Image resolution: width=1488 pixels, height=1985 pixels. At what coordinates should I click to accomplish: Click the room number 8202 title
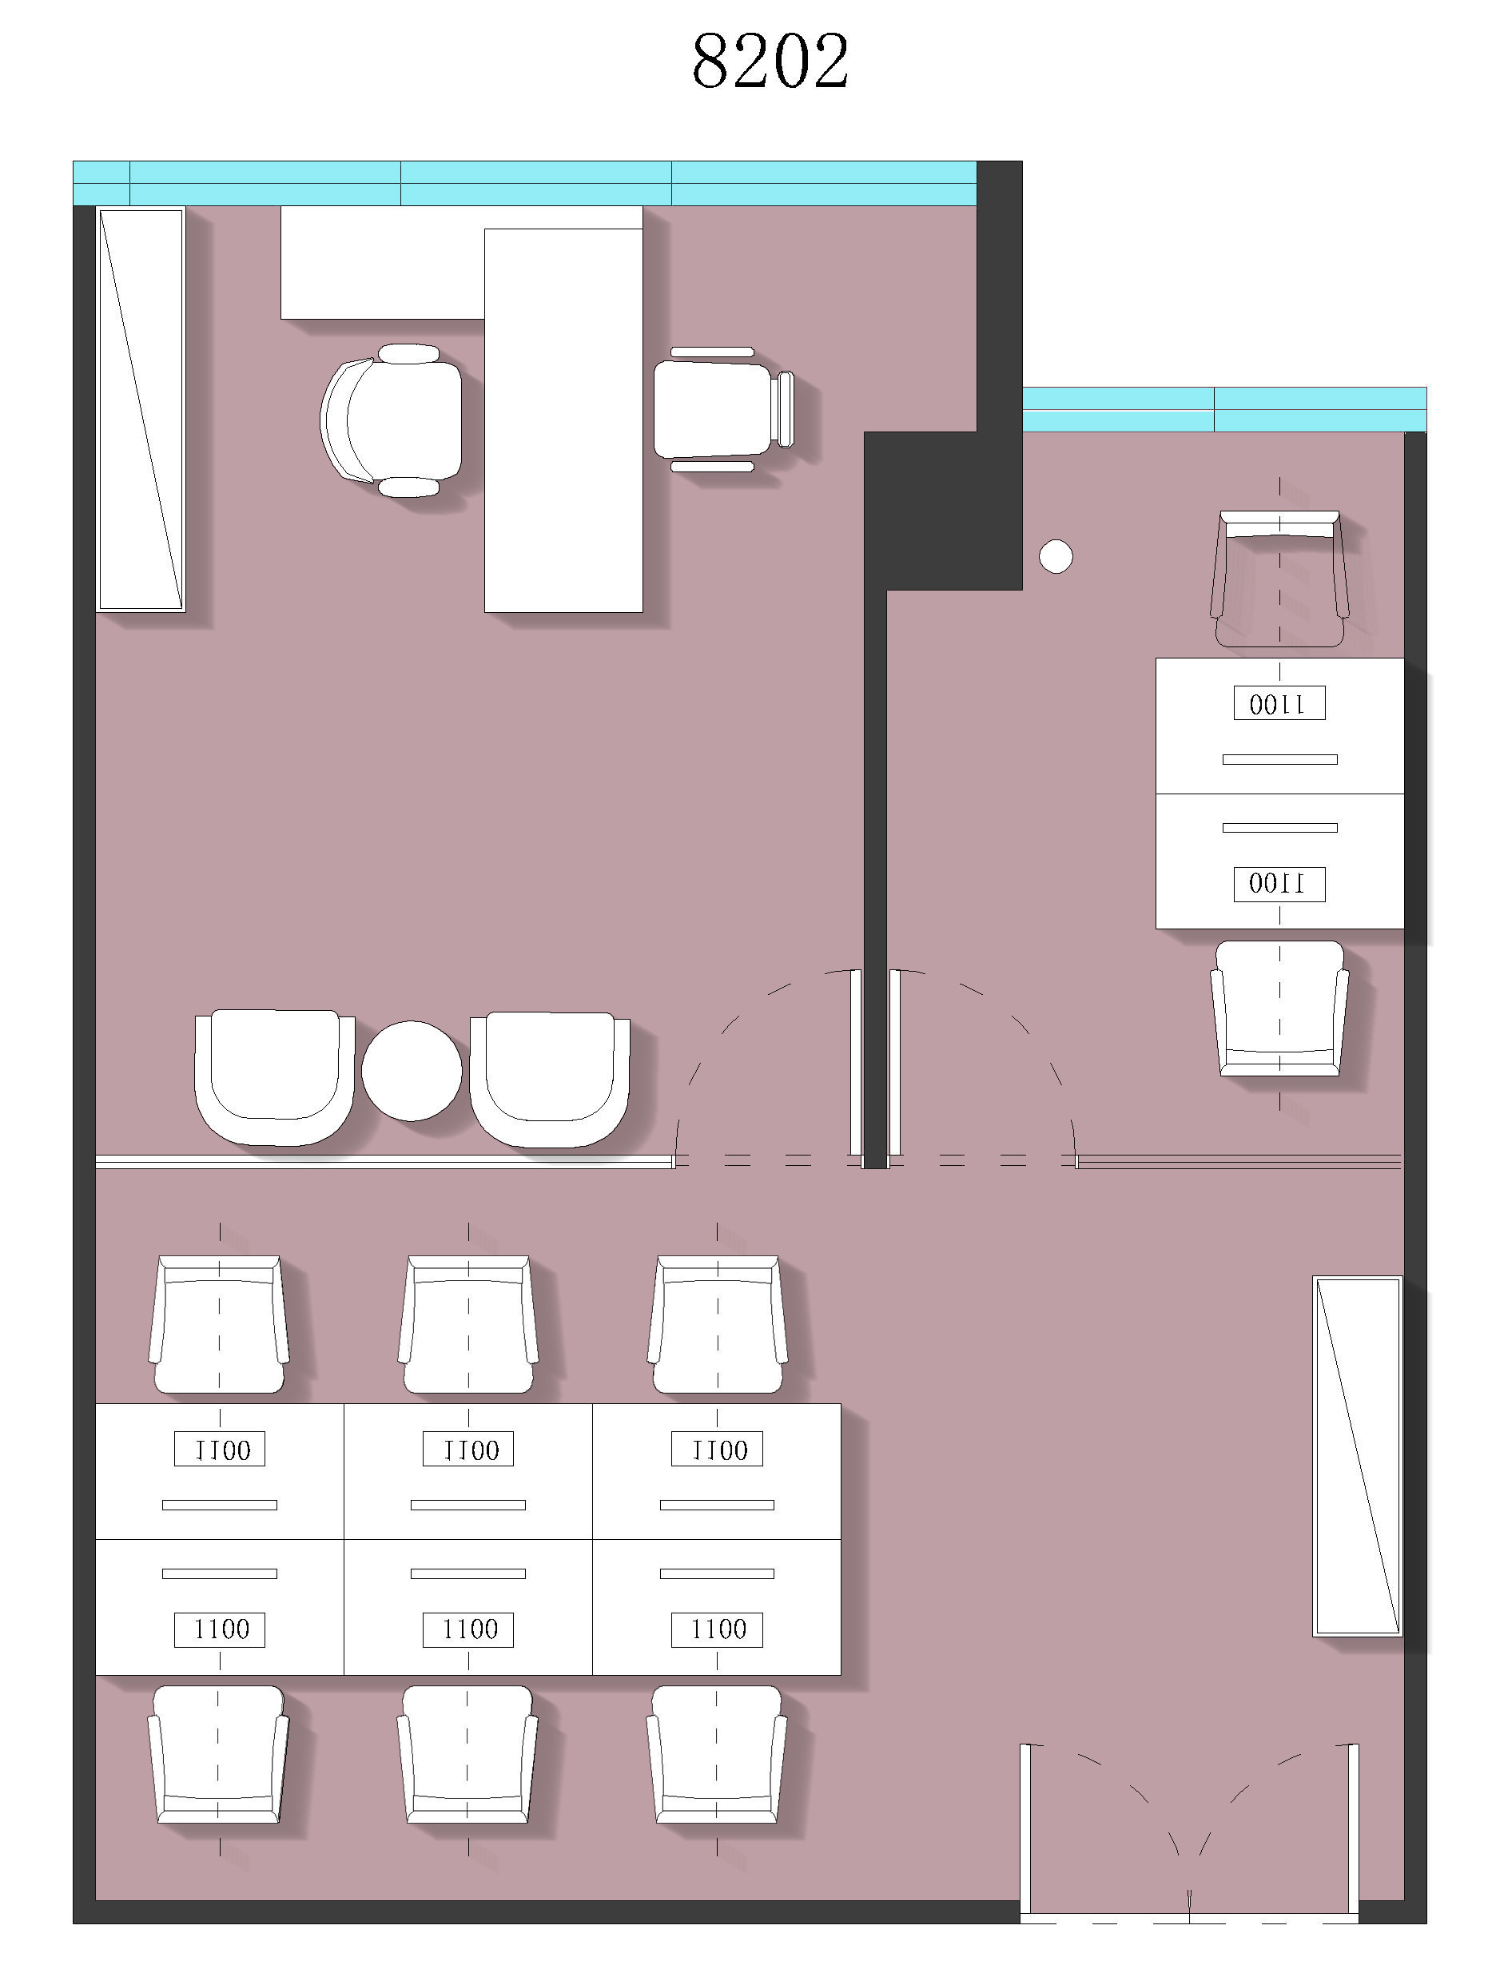pyautogui.click(x=770, y=61)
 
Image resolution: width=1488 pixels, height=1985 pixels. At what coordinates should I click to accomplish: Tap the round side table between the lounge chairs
pyautogui.click(x=412, y=1071)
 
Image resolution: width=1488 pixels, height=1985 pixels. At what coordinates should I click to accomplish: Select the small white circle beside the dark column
pyautogui.click(x=1056, y=556)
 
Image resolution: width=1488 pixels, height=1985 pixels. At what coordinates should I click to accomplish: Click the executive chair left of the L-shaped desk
pyautogui.click(x=392, y=420)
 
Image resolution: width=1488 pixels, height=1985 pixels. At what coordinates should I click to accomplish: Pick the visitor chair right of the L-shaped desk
pyautogui.click(x=723, y=409)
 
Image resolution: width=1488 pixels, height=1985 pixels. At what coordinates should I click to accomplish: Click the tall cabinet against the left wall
pyautogui.click(x=141, y=409)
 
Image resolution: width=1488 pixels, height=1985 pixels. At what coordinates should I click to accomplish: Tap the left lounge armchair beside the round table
pyautogui.click(x=275, y=1077)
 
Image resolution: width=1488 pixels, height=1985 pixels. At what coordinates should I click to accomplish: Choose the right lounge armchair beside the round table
pyautogui.click(x=549, y=1080)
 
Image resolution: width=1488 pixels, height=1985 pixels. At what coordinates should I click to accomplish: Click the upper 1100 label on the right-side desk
pyautogui.click(x=1279, y=703)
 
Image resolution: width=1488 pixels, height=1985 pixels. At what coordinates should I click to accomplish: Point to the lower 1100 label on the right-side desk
pyautogui.click(x=1279, y=883)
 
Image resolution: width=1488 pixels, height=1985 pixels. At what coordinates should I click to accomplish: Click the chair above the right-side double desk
pyautogui.click(x=1279, y=579)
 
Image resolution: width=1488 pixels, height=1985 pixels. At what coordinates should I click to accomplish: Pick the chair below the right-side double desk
pyautogui.click(x=1279, y=1008)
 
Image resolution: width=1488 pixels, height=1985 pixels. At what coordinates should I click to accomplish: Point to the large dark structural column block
pyautogui.click(x=942, y=511)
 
